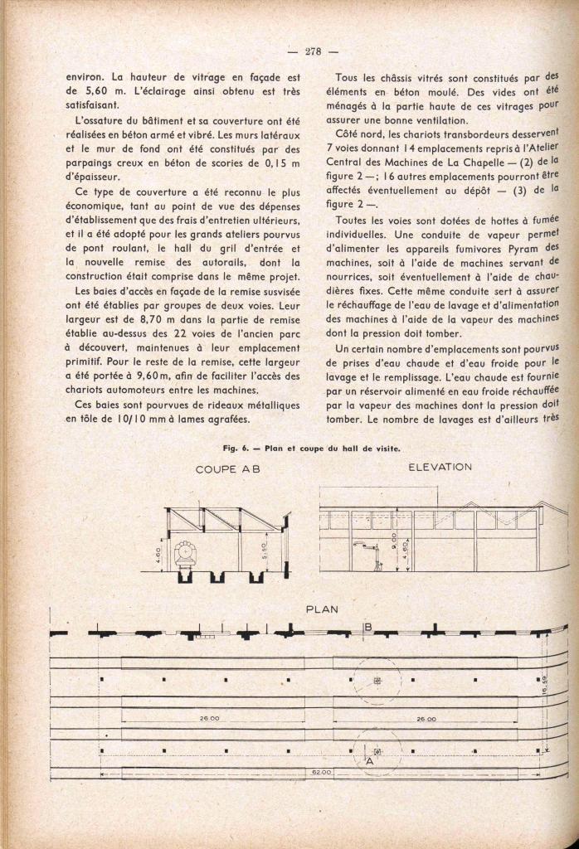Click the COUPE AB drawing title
[227, 469]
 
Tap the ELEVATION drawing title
[440, 467]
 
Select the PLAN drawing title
[322, 609]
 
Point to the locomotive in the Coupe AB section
[184, 552]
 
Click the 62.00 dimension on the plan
[322, 772]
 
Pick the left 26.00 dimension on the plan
[209, 719]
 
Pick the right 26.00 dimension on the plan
[426, 719]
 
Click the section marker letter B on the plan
[367, 627]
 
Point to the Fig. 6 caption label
[235, 449]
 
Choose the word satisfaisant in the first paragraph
[93, 106]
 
